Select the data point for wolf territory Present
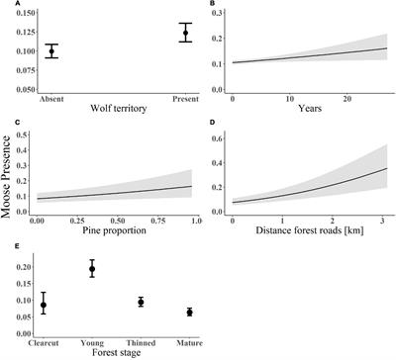155,34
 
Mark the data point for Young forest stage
92,269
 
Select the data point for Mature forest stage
189,312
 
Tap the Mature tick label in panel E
189,335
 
